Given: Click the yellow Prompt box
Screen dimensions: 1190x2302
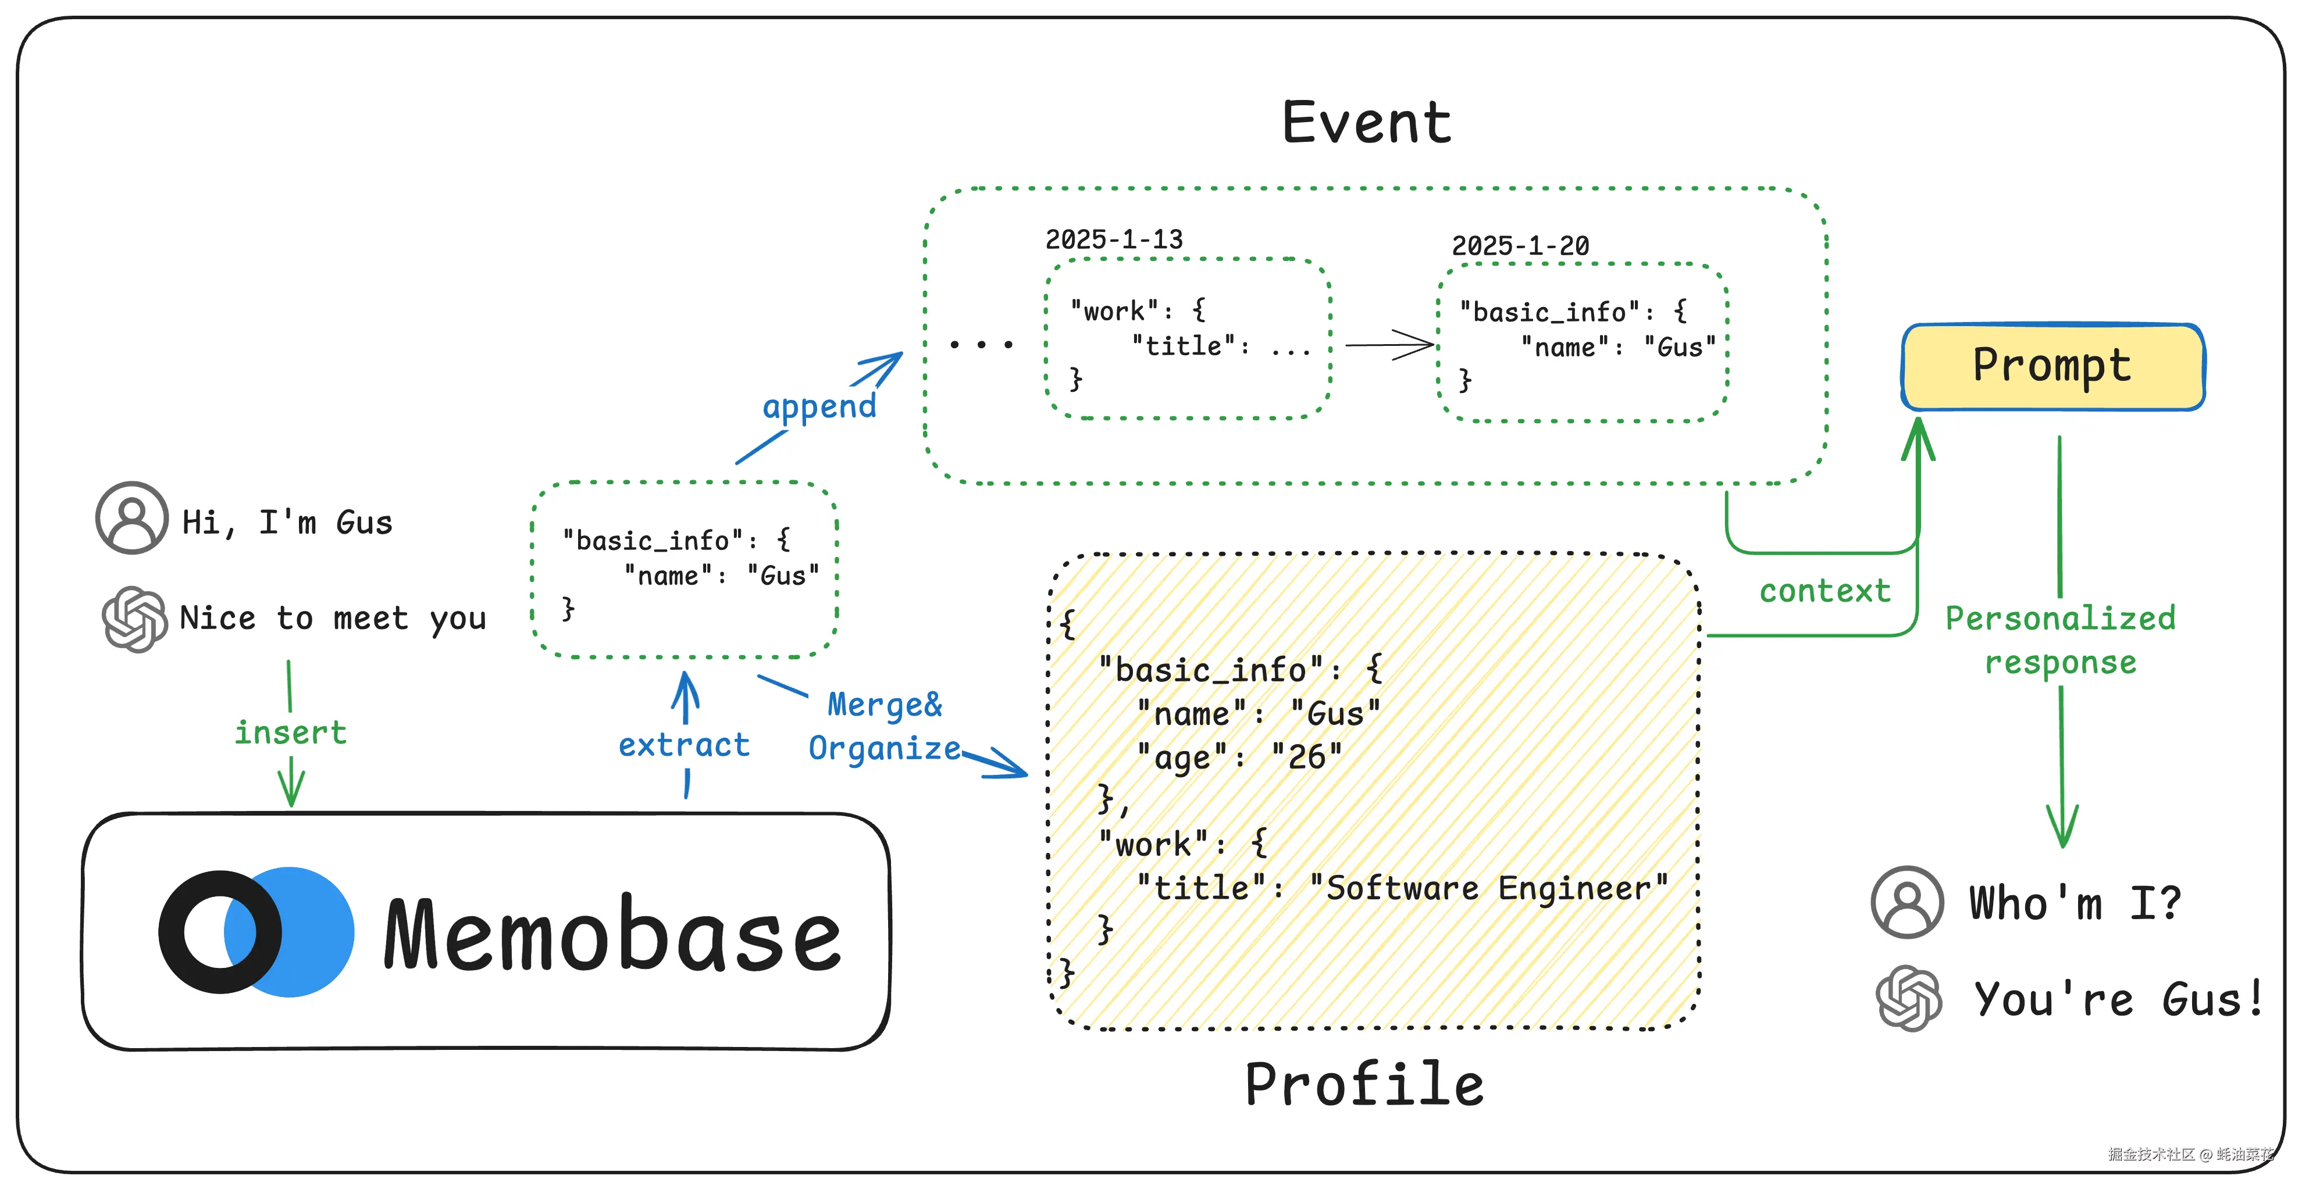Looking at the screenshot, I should pyautogui.click(x=2052, y=366).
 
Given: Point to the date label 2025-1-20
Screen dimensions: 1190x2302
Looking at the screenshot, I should pyautogui.click(x=1520, y=246).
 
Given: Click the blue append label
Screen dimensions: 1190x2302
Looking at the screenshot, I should pyautogui.click(x=818, y=406).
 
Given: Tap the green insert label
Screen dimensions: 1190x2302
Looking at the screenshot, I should pyautogui.click(x=290, y=732).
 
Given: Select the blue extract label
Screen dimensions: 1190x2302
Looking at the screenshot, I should pyautogui.click(x=683, y=745).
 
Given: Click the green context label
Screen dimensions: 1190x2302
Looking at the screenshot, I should pyautogui.click(x=1825, y=591).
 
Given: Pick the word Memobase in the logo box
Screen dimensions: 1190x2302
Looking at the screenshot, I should pyautogui.click(x=613, y=934).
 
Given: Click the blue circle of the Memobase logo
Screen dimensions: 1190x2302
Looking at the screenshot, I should pyautogui.click(x=308, y=932).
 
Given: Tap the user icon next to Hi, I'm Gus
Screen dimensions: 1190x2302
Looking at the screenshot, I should pyautogui.click(x=132, y=518).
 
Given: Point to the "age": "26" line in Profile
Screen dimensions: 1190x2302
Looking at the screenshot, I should pyautogui.click(x=1239, y=757).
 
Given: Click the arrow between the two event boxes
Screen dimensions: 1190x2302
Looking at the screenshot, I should pyautogui.click(x=1389, y=345).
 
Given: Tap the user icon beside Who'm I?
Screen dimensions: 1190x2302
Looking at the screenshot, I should pyautogui.click(x=1907, y=902).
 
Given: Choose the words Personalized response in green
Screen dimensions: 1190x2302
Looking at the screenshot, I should pyautogui.click(x=2061, y=639).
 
